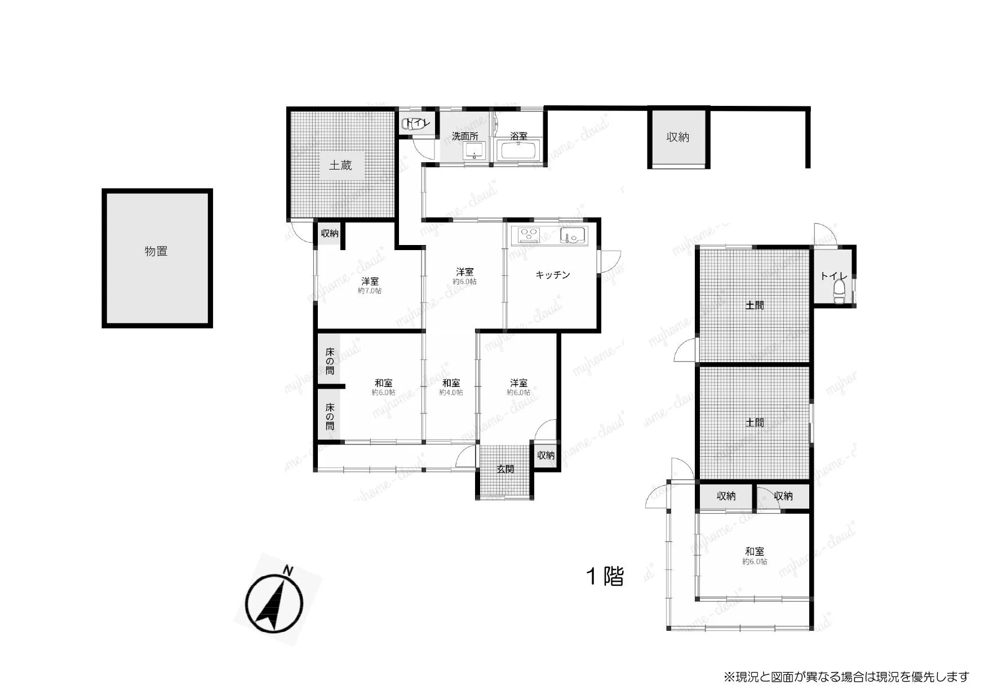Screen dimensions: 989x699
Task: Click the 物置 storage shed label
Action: pos(156,251)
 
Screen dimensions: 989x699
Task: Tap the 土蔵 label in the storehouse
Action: pos(340,165)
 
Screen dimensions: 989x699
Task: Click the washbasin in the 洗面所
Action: pos(474,151)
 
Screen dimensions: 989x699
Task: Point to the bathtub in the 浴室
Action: pos(518,151)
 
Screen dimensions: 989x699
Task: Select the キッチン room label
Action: pos(553,275)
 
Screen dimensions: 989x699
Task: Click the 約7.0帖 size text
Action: pos(370,291)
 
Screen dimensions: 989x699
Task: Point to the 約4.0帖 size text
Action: pos(451,392)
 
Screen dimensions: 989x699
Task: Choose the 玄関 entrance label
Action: pos(505,469)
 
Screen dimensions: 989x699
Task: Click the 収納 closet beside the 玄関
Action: pos(545,455)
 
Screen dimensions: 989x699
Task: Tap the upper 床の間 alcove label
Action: pos(330,361)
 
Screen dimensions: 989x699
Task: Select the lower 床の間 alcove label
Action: pos(330,417)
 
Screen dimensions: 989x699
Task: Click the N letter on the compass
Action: pos(288,571)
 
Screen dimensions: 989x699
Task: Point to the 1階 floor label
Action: pos(605,576)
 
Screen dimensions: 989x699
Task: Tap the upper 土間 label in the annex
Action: pos(755,305)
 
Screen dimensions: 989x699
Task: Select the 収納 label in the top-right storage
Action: pos(678,137)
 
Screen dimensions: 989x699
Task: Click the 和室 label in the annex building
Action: pos(755,551)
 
